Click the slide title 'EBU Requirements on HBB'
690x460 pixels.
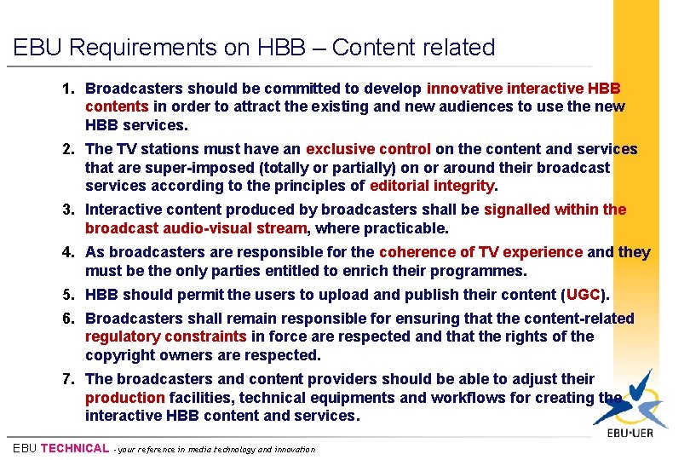[x=254, y=48]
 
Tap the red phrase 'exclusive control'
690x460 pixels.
[x=368, y=149]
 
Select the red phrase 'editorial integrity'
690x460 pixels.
[x=433, y=186]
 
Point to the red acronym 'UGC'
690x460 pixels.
[x=584, y=295]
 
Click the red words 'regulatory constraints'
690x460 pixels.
[x=165, y=336]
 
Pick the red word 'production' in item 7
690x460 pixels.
[x=124, y=398]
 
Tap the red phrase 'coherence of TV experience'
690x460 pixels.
[x=480, y=252]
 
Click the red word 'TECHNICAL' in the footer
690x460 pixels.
[x=75, y=448]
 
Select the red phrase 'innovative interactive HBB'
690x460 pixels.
[x=523, y=89]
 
